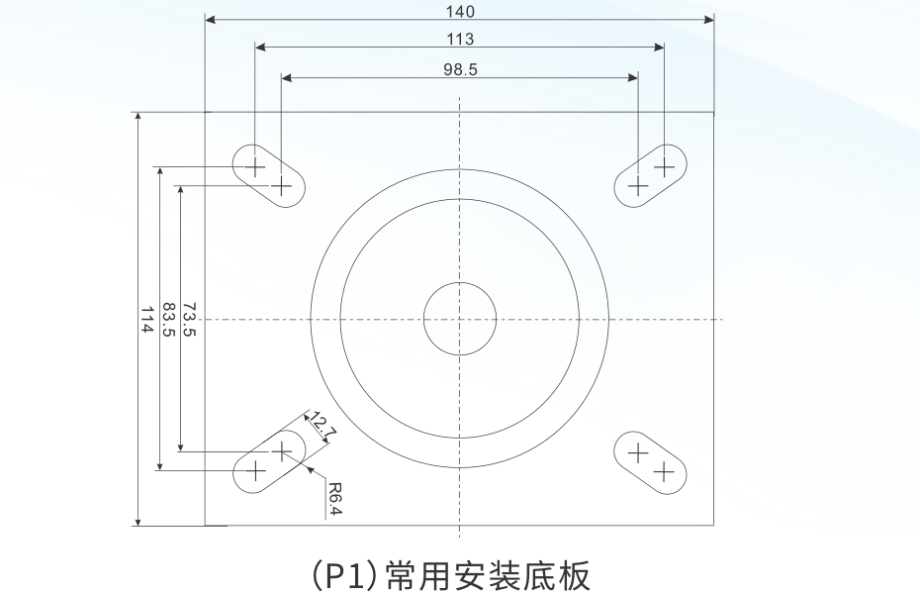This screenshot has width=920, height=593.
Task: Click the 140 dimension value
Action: pos(460,12)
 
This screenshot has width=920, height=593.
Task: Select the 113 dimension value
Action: pos(460,40)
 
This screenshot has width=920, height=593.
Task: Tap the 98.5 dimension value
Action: pos(460,69)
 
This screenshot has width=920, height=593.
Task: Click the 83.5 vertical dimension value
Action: pos(167,319)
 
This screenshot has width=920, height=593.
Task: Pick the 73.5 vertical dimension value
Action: pos(189,319)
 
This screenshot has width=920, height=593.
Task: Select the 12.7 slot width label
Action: pos(323,426)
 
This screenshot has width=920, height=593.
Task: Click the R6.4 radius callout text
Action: pos(334,499)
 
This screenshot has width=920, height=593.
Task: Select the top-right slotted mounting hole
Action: pos(651,175)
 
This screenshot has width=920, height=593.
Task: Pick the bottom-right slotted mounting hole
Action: pos(651,462)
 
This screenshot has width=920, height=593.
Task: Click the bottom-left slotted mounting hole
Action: pos(268,460)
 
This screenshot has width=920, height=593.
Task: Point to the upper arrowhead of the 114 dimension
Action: pos(138,117)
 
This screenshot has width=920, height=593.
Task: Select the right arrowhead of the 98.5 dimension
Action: pos(633,76)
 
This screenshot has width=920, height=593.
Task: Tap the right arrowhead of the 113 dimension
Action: pos(659,47)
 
